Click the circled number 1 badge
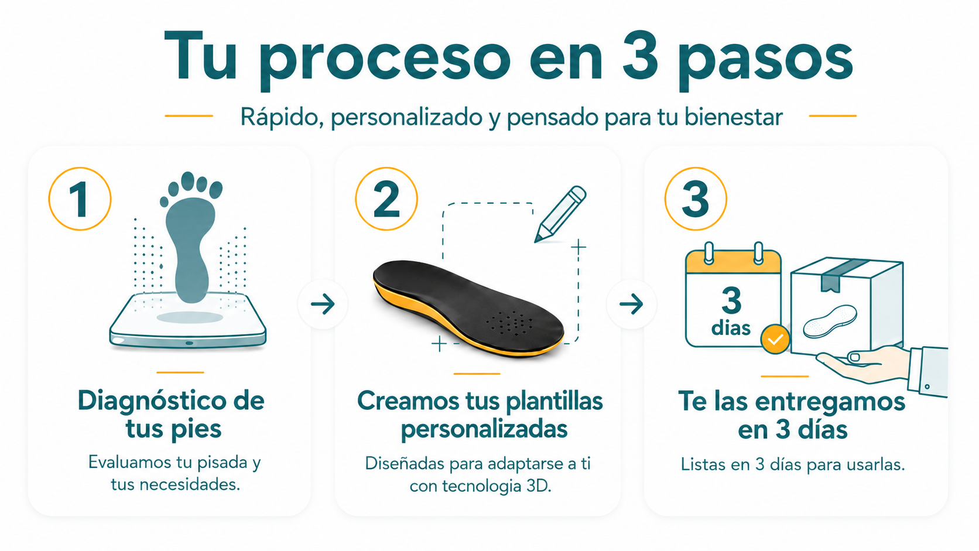80,199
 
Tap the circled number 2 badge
386,199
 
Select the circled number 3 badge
696,199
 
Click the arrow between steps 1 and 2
323,304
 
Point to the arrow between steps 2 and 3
632,304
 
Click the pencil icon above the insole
560,214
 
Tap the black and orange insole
468,308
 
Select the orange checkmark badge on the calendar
775,339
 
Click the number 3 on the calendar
732,300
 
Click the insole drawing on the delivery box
830,321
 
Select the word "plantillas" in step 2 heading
554,401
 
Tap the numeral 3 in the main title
641,56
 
